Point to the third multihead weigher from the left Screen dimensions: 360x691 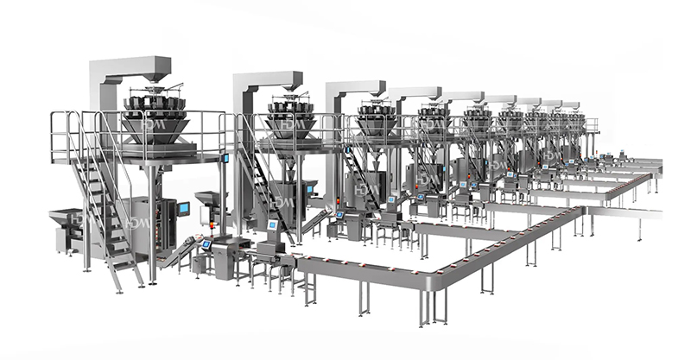coord(378,121)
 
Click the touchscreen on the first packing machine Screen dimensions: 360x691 coord(184,209)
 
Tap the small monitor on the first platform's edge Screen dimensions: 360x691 coord(226,157)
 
